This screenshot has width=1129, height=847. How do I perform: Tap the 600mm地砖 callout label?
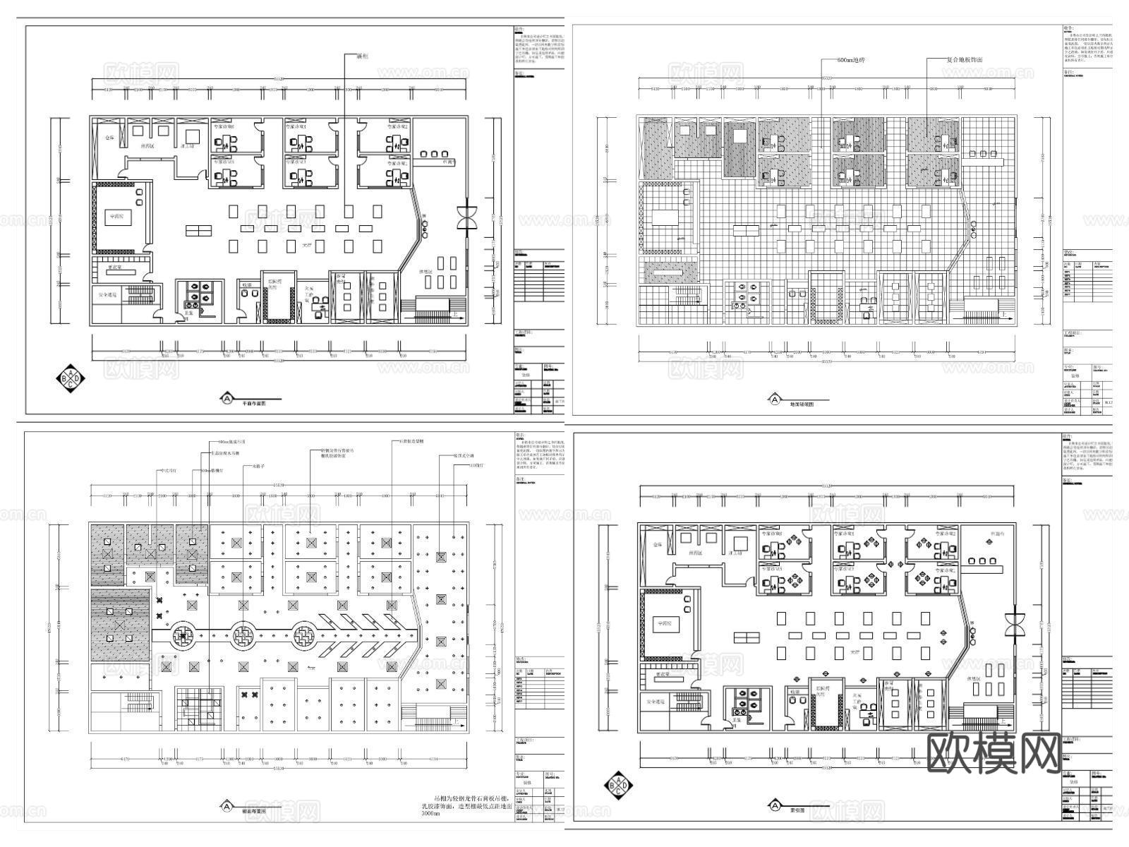[x=850, y=60]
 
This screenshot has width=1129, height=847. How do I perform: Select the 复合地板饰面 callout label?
[x=964, y=60]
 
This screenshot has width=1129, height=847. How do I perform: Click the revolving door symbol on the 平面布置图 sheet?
[x=466, y=217]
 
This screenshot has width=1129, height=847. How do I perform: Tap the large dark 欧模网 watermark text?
[x=992, y=751]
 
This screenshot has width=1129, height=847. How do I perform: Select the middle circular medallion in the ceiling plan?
[x=241, y=635]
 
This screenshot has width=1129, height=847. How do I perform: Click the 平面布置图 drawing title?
[x=253, y=404]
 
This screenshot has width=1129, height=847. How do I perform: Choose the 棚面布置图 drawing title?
[x=253, y=812]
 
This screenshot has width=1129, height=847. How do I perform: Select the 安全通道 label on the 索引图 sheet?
[x=656, y=702]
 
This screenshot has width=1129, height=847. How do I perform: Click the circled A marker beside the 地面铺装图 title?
[x=774, y=400]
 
